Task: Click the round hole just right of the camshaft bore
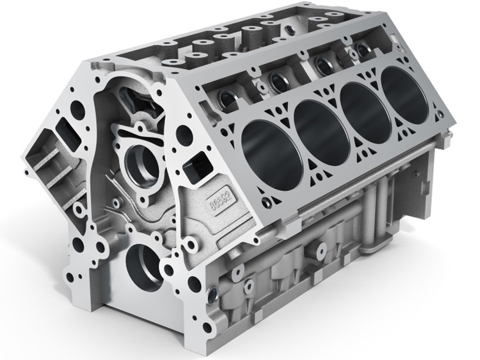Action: click(x=183, y=134)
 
